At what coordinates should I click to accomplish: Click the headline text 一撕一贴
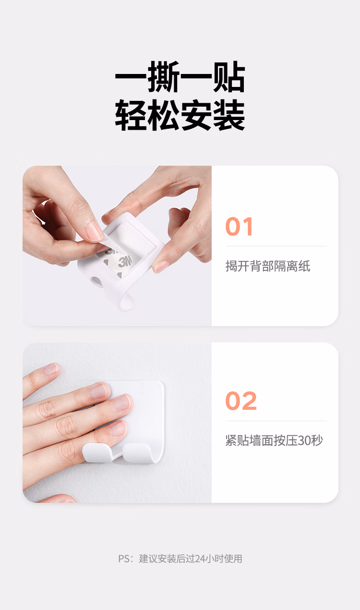click(180, 77)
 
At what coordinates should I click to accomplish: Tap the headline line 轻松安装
click(180, 115)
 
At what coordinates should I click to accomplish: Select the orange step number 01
click(239, 226)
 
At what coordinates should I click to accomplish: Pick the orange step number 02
click(241, 401)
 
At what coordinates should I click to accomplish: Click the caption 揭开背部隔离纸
click(268, 266)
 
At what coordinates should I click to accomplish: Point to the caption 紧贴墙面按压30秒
click(274, 440)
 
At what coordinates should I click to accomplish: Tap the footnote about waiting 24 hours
click(180, 559)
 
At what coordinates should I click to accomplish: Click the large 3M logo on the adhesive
click(125, 262)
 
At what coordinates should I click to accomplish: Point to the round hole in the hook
click(96, 281)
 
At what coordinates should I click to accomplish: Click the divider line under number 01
click(277, 246)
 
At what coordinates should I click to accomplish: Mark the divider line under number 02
click(277, 421)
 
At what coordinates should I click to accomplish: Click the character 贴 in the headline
click(229, 77)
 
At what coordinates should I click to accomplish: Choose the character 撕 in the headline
click(164, 77)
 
